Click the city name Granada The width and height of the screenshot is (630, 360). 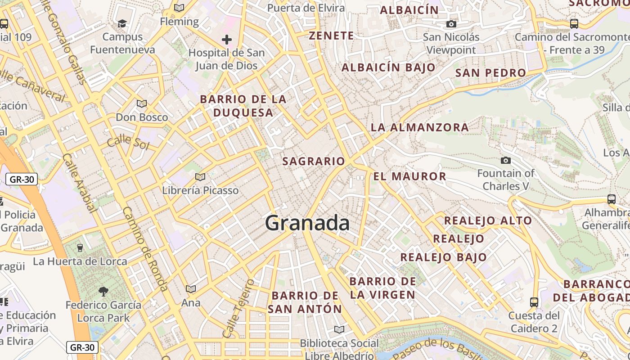click(307, 223)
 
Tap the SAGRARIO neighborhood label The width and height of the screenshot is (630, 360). click(314, 161)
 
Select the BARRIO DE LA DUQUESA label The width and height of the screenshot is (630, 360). click(243, 106)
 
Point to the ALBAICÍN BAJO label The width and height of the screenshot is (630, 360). click(388, 67)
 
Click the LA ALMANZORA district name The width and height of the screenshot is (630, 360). click(420, 127)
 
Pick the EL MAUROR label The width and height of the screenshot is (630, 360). click(410, 176)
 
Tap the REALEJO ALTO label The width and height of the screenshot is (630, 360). click(488, 220)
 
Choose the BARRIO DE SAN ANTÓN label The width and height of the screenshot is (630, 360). click(305, 302)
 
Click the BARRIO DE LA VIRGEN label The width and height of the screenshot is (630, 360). click(382, 288)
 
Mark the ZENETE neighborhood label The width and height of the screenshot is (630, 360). click(331, 36)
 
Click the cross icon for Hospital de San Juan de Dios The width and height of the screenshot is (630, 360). click(227, 40)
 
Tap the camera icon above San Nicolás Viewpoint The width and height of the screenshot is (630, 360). click(451, 24)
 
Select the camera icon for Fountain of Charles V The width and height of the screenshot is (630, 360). click(506, 160)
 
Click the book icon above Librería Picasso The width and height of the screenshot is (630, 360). click(200, 177)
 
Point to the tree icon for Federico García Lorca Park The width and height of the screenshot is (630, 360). click(103, 292)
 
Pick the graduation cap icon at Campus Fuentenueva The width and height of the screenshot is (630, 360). click(122, 23)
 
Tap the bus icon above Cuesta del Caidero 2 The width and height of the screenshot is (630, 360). click(534, 302)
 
